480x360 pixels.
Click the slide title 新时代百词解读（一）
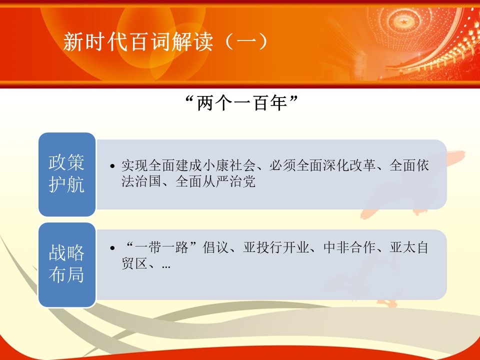pos(165,41)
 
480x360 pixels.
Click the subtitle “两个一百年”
pos(242,103)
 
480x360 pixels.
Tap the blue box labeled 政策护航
pos(66,174)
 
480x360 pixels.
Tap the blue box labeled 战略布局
pos(66,265)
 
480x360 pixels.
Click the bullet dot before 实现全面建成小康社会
pos(112,166)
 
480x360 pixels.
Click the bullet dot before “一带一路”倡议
pos(112,247)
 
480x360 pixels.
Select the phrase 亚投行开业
pos(276,247)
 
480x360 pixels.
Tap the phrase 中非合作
pos(349,247)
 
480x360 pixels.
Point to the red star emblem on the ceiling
pos(404,22)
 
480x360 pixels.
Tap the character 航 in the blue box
pos(75,184)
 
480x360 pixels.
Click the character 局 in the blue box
pos(75,274)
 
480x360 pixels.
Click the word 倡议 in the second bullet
pos(215,247)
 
